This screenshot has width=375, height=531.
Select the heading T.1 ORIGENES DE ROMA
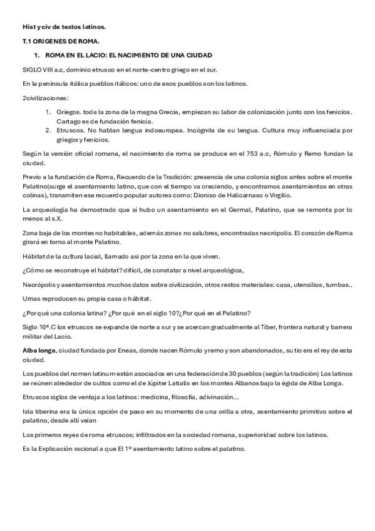coord(56,41)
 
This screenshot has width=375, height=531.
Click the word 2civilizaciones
coord(45,98)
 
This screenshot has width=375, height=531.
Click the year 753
coord(255,153)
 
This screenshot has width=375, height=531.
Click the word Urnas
coord(32,299)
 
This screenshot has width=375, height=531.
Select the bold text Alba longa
coord(38,351)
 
